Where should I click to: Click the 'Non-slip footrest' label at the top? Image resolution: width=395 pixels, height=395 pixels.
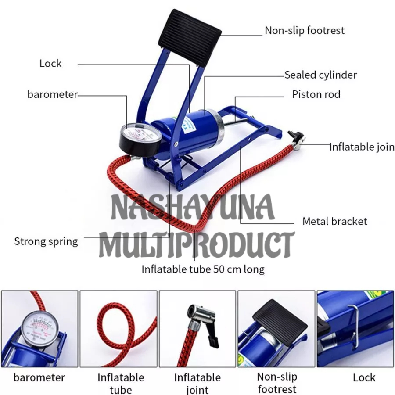point(304,31)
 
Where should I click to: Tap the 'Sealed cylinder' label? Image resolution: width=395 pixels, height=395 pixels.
point(320,75)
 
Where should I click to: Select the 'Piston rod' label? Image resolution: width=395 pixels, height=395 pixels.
point(316,94)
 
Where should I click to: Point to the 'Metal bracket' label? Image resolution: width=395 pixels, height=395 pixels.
point(334,221)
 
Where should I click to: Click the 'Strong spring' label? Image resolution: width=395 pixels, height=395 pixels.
point(46,241)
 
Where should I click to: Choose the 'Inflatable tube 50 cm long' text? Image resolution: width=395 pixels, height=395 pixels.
point(203,269)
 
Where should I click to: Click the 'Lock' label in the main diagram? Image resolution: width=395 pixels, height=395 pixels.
point(50,64)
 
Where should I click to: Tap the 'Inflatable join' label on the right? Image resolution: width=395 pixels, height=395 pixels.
point(362,147)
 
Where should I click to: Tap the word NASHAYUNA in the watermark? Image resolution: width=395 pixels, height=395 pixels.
point(193,207)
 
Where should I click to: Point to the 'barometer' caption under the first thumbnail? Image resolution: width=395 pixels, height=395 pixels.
point(39,377)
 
